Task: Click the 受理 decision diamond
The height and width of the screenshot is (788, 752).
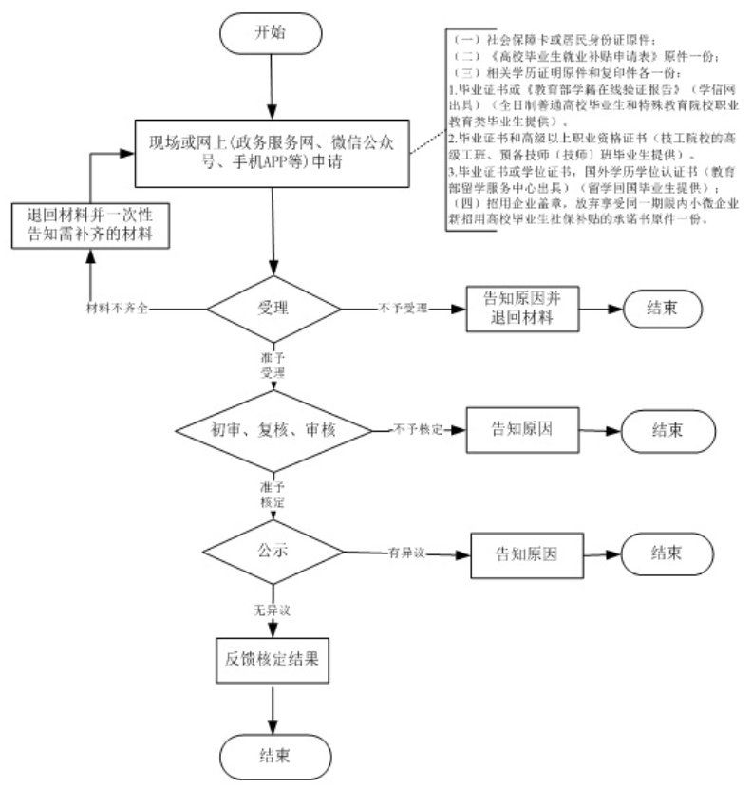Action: tap(273, 309)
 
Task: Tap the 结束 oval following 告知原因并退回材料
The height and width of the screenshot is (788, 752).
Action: tap(663, 310)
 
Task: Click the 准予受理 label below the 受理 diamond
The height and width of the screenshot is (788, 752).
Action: tap(273, 366)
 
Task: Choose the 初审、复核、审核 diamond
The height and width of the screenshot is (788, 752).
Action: tap(273, 429)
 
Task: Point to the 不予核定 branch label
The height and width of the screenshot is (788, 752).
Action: tap(419, 430)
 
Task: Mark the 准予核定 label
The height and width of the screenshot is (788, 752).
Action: tap(273, 493)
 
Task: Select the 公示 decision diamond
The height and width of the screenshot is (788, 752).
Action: tap(273, 552)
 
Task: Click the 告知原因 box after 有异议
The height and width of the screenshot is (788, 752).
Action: tap(525, 553)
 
